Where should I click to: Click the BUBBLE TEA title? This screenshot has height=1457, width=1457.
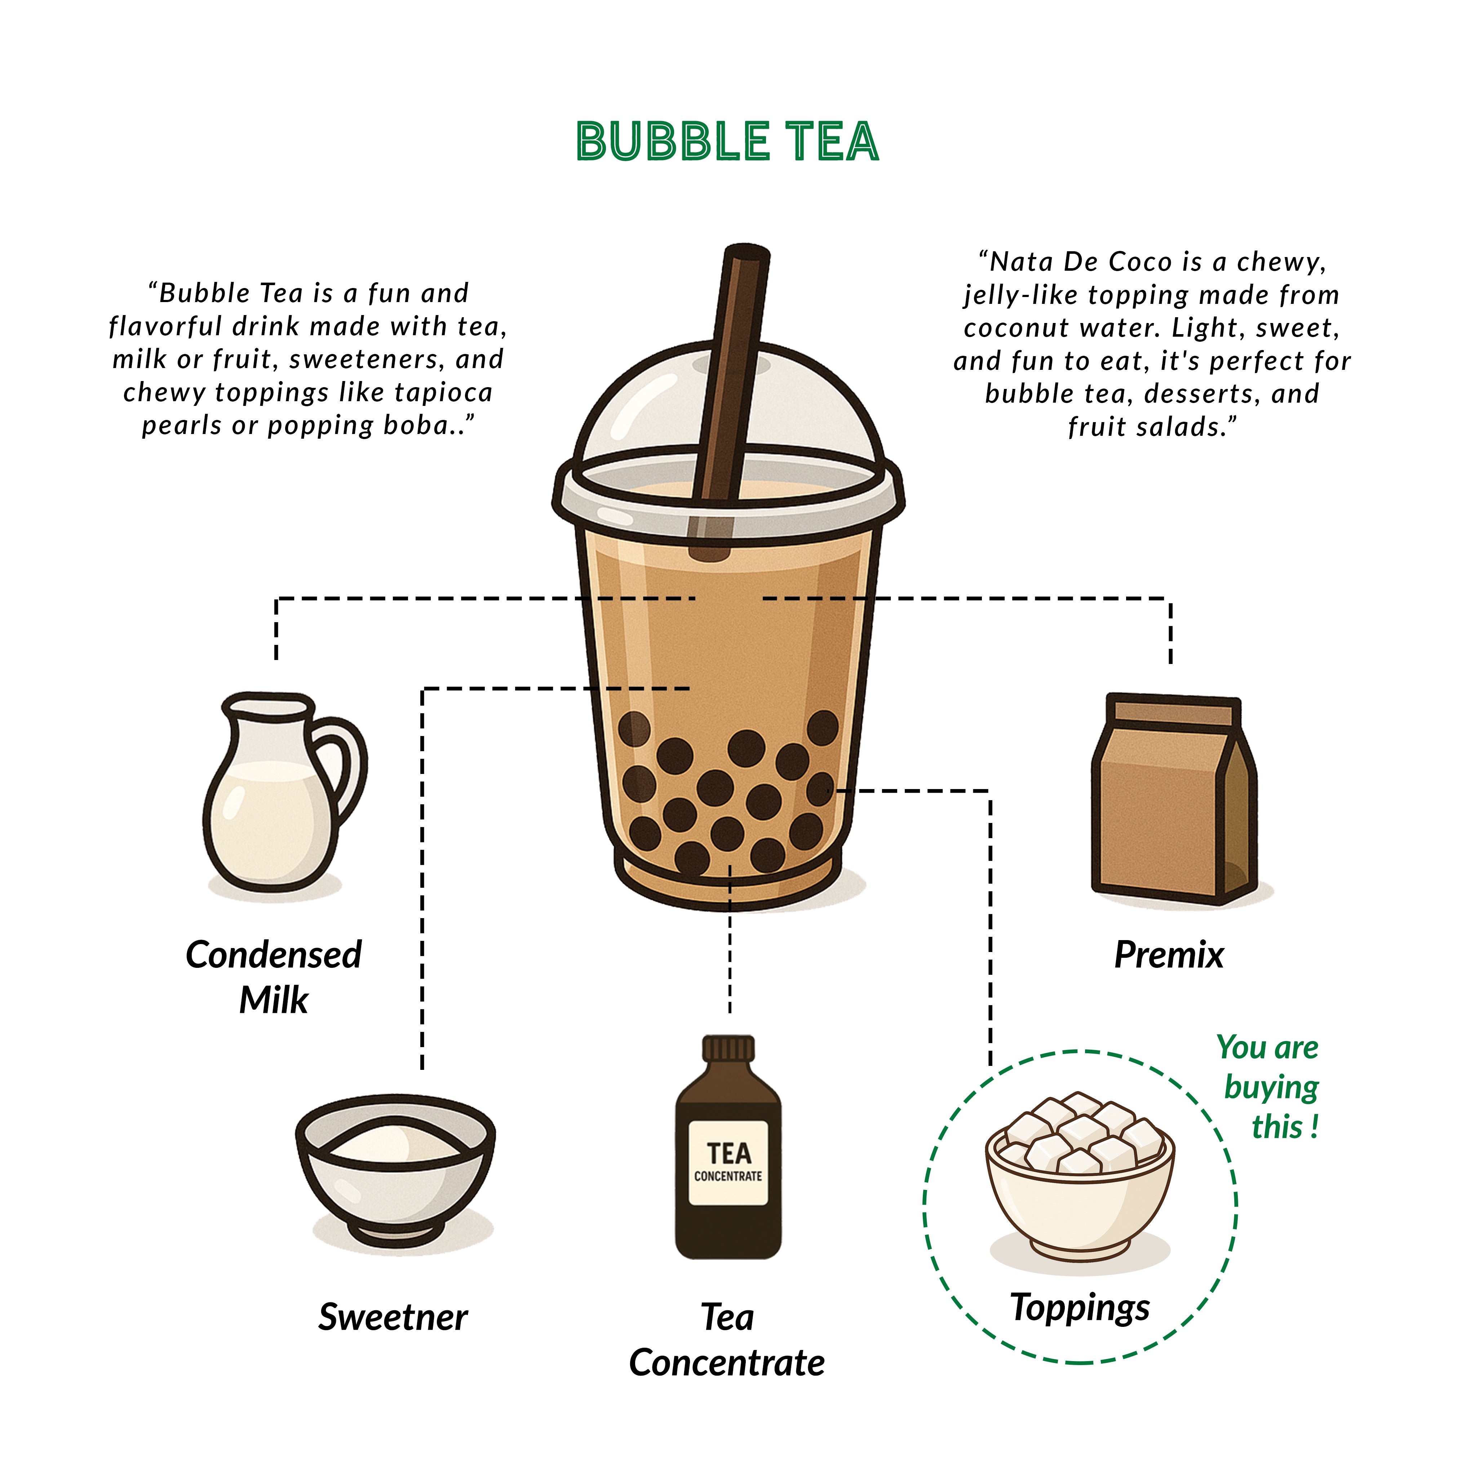(728, 142)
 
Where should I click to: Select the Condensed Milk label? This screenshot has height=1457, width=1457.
(274, 976)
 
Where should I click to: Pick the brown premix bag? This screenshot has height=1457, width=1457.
(1173, 800)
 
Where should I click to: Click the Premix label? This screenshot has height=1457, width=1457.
(1169, 955)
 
